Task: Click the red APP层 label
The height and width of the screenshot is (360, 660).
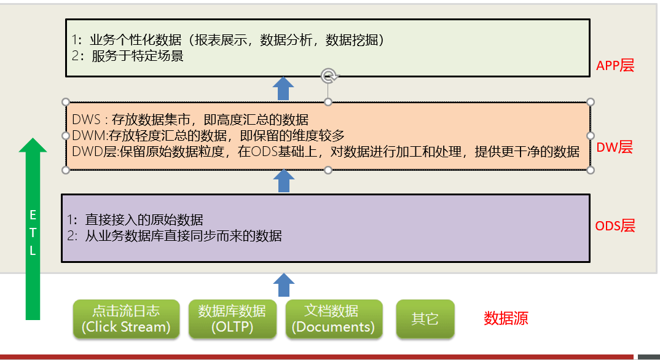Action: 615,66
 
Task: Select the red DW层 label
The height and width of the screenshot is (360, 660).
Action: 615,147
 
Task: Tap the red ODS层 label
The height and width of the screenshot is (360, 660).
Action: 615,226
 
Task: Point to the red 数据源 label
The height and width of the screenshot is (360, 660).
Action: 506,318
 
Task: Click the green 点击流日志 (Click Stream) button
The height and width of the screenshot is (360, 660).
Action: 126,319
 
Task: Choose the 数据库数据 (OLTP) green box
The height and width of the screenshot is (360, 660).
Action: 232,319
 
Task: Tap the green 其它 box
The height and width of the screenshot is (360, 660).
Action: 425,319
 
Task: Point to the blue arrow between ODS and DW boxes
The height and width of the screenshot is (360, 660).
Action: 283,181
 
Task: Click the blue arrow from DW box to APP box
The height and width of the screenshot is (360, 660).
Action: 283,88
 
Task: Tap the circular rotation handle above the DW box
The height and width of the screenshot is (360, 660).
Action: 329,76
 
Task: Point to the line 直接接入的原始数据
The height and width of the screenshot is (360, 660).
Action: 144,219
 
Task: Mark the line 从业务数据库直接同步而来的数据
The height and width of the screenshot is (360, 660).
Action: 183,235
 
